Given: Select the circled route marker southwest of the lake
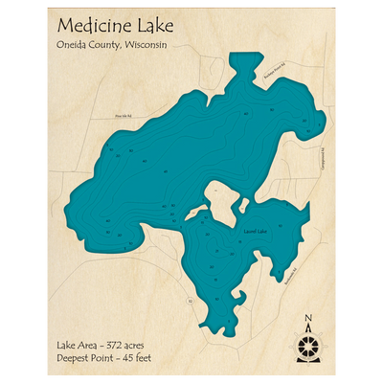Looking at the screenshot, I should point(190,302).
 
